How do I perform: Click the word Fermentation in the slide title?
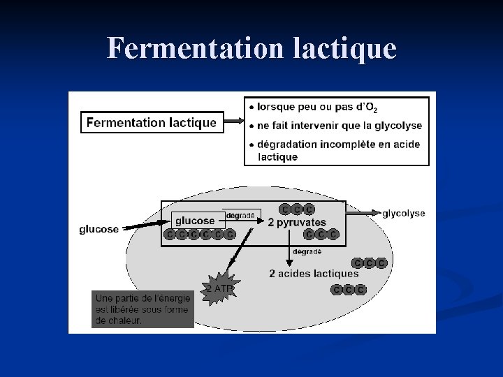tap(184, 48)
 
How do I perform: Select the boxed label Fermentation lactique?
tap(151, 123)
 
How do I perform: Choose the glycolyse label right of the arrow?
tap(403, 213)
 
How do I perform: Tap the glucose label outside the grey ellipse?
tap(99, 229)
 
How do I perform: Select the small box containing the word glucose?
tap(195, 221)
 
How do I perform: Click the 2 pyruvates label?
tap(297, 222)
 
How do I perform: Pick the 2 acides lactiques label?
tap(314, 274)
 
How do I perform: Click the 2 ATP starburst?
tap(219, 288)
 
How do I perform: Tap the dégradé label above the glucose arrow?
tap(240, 215)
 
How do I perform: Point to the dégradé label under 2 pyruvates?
tap(307, 251)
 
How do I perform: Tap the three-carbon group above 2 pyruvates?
tap(297, 209)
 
